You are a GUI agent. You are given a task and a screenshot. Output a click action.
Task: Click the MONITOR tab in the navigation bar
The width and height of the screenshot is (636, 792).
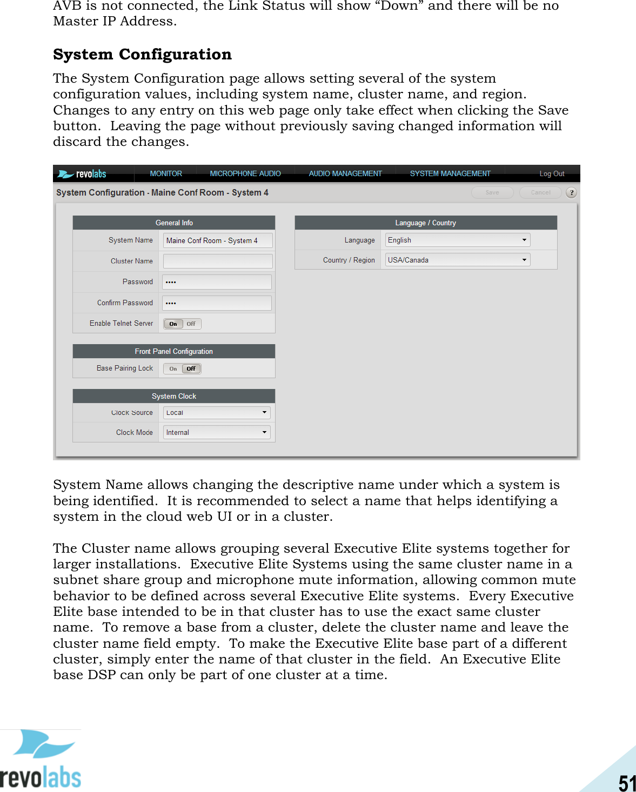(166, 173)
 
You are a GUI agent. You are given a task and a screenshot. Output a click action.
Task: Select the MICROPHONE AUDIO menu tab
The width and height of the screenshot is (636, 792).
(245, 173)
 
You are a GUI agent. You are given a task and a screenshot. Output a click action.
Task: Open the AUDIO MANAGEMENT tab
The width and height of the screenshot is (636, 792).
(345, 173)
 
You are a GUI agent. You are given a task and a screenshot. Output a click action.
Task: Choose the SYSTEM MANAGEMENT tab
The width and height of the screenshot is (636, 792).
(450, 173)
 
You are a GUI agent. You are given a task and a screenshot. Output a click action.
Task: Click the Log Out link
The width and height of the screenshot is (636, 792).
(552, 173)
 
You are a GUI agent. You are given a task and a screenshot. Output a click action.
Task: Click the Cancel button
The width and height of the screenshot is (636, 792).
(540, 192)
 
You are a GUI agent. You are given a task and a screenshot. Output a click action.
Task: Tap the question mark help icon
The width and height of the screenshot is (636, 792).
(571, 192)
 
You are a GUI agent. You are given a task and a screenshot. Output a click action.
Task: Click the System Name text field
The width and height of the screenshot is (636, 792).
(218, 240)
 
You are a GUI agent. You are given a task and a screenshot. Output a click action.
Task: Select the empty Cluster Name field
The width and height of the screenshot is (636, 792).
(218, 261)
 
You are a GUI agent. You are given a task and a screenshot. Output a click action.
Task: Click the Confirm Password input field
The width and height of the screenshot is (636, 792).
(217, 303)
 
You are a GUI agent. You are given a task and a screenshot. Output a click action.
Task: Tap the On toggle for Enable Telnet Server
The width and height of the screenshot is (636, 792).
(173, 324)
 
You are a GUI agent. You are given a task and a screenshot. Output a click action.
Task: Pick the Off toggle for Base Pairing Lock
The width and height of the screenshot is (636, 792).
(191, 368)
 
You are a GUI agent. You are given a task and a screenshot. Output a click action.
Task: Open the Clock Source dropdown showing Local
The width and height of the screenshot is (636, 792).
(217, 413)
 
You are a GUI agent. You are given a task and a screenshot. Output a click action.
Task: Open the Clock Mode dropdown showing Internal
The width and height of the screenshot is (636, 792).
(217, 432)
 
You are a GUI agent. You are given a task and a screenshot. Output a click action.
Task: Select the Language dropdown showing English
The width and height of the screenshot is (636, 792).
(457, 240)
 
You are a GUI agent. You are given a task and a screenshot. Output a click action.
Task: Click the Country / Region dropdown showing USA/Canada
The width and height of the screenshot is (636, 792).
(457, 260)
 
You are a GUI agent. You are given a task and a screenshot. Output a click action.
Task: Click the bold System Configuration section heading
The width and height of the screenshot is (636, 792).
(142, 55)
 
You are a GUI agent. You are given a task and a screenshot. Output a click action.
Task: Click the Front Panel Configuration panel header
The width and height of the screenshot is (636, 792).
(174, 351)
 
